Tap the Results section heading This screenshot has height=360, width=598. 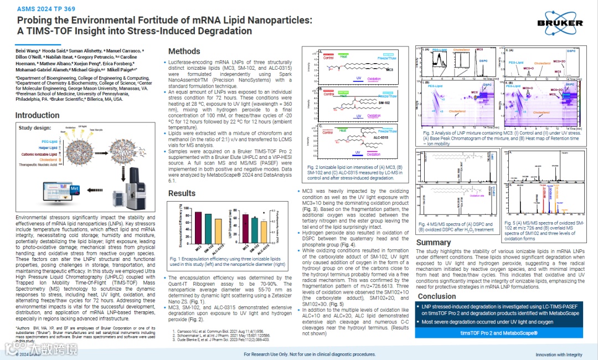point(182,193)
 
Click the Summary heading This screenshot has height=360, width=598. point(434,243)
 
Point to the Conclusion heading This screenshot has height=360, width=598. point(437,296)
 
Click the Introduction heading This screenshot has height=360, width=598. point(37,115)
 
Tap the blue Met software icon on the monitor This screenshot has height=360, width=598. point(75,189)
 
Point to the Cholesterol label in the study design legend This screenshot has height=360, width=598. point(48,160)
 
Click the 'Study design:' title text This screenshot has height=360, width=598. point(34,127)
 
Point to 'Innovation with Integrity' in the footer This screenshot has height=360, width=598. point(559,354)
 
